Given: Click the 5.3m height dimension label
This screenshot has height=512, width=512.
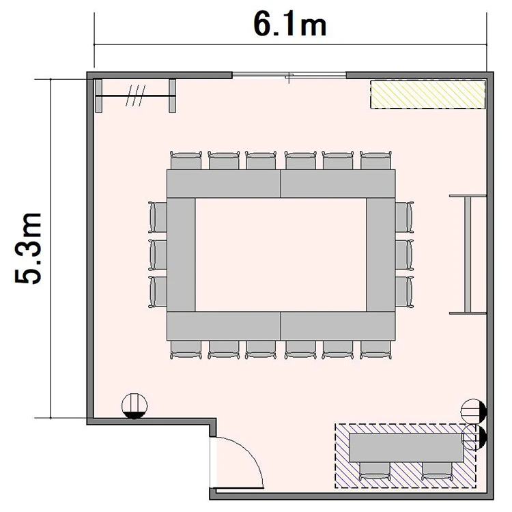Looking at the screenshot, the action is tap(28, 248).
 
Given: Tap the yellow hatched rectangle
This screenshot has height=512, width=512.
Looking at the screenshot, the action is tap(428, 94).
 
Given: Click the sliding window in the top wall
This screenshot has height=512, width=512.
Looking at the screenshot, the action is tap(289, 75).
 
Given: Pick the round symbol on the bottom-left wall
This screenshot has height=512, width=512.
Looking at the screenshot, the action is tap(134, 406).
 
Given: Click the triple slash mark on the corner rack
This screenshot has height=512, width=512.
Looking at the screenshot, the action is tap(136, 96).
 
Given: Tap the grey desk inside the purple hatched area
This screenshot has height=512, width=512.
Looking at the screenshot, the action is tap(407, 447).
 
